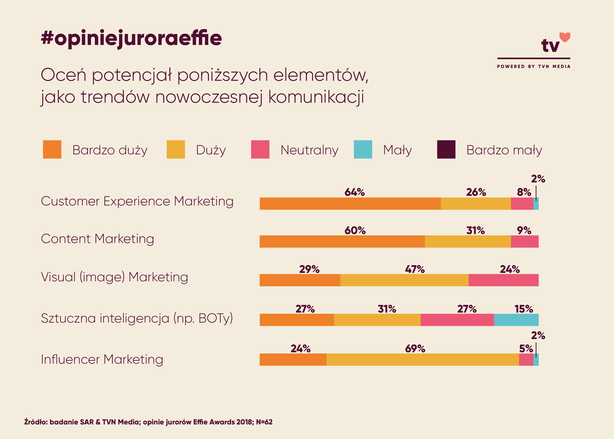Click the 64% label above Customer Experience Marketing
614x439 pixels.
(354, 192)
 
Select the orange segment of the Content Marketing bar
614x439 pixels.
(342, 241)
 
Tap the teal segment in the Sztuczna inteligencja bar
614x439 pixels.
(516, 320)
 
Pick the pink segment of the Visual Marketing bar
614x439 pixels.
(503, 280)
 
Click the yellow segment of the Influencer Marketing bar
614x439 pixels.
(422, 359)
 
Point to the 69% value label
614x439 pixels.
(415, 349)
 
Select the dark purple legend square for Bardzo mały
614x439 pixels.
(446, 149)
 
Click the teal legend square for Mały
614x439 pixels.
(363, 149)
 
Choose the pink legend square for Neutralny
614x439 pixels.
(260, 149)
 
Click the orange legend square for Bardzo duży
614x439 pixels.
(52, 149)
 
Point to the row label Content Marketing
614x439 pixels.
(98, 239)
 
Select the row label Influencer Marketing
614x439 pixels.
(102, 359)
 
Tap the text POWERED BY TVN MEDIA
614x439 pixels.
(534, 67)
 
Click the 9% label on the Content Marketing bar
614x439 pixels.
(524, 231)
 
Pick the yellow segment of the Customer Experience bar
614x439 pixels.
(476, 204)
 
